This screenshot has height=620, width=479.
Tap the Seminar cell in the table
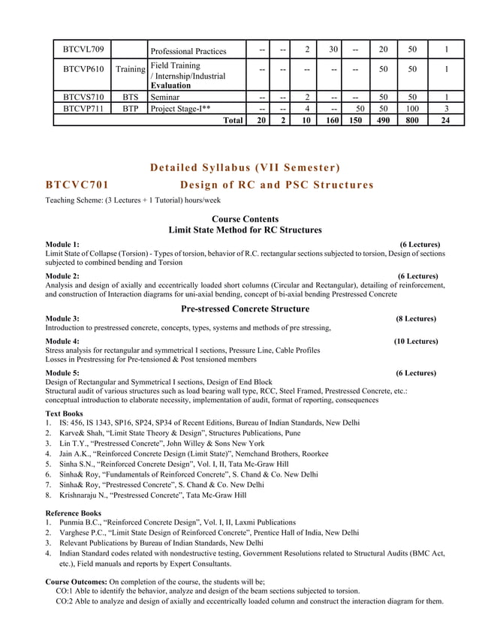[165, 98]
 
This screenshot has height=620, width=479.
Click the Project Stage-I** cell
[181, 108]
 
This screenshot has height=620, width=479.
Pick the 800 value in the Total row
[412, 119]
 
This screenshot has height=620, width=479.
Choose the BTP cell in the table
[131, 108]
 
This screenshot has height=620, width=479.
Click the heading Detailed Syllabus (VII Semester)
[246, 166]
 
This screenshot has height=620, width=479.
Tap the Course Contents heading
[246, 219]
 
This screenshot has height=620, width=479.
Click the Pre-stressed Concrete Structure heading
[246, 308]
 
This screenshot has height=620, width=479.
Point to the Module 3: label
[62, 319]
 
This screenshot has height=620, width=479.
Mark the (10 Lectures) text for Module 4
[415, 341]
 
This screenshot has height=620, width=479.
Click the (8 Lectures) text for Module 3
[417, 319]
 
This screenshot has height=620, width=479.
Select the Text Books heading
[64, 413]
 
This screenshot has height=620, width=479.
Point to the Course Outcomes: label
[77, 582]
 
